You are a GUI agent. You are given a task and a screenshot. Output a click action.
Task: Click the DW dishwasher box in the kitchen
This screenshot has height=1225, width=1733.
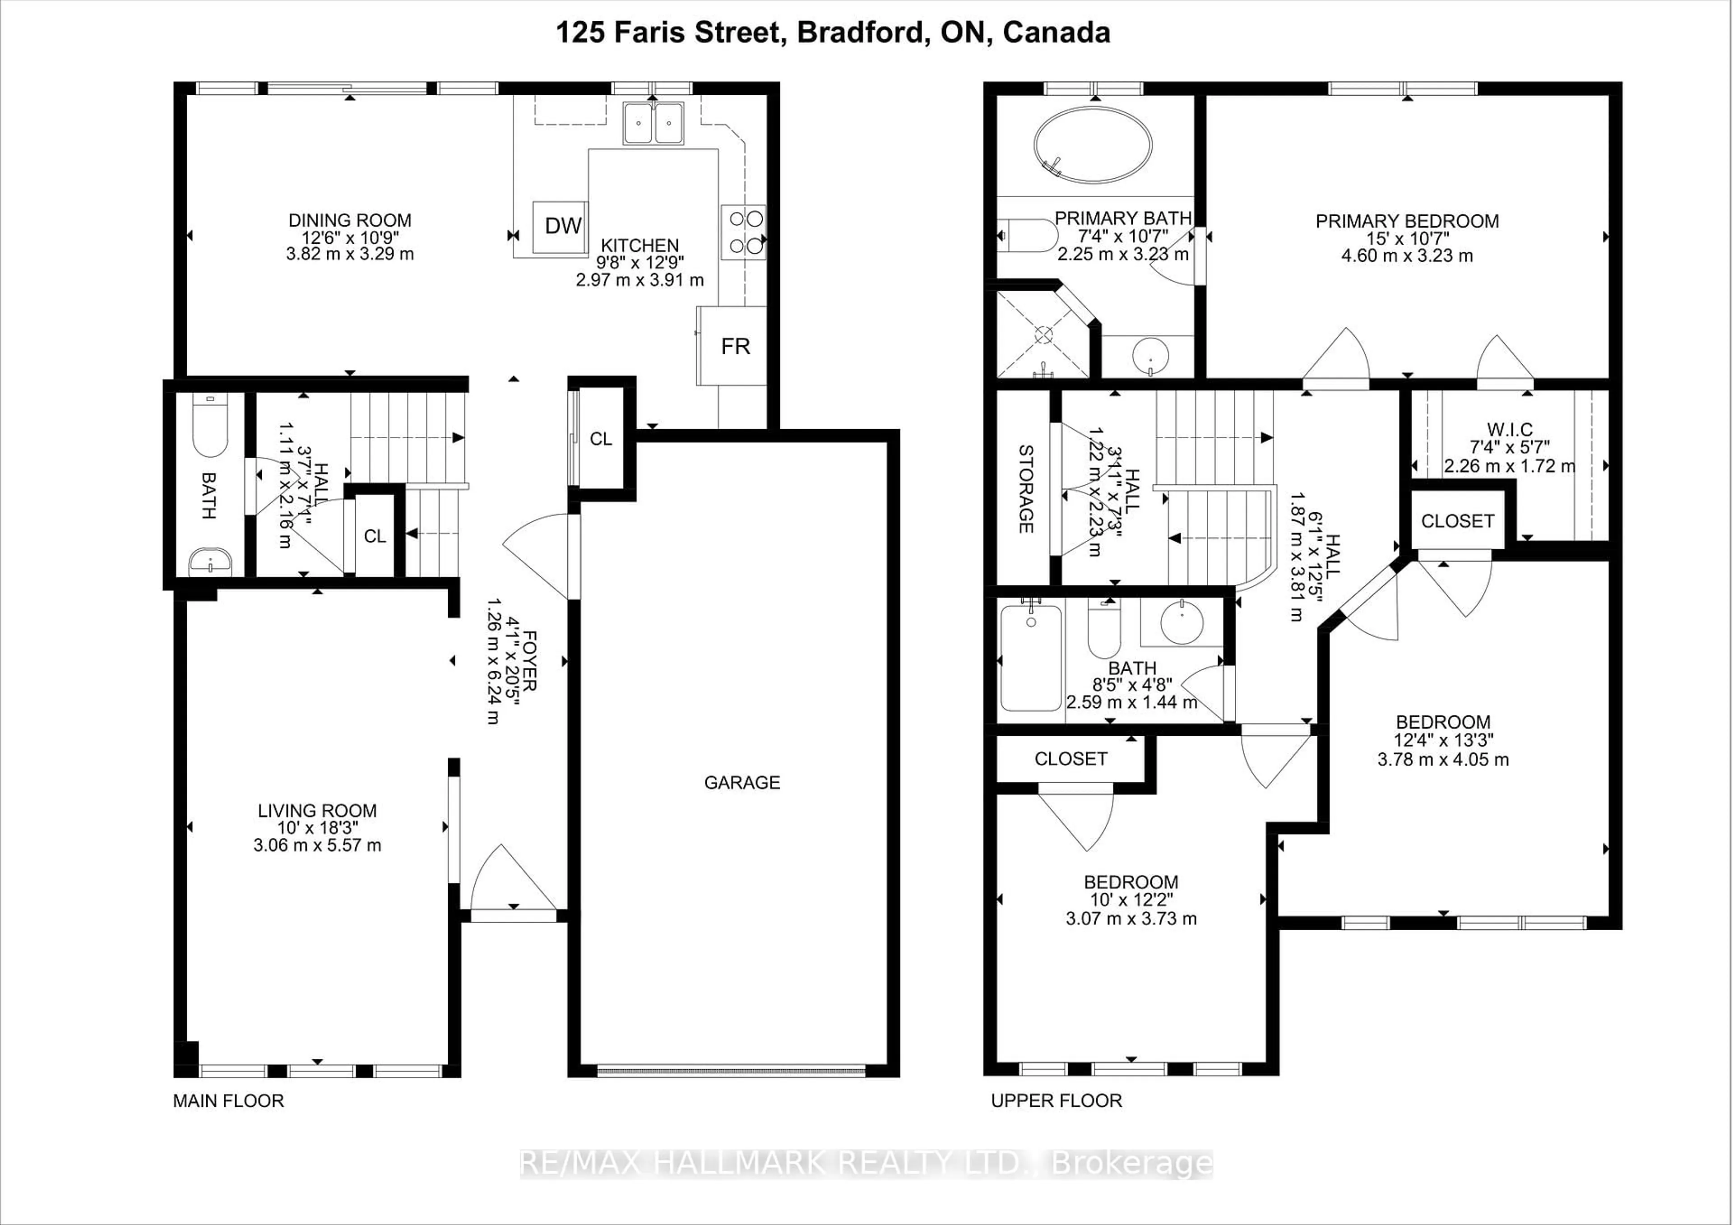click(561, 226)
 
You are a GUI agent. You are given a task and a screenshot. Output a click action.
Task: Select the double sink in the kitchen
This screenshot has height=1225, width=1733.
click(653, 123)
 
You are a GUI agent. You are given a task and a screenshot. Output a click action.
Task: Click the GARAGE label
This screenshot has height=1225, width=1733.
click(742, 783)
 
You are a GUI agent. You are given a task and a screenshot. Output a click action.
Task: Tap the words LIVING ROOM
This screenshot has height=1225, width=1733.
click(317, 811)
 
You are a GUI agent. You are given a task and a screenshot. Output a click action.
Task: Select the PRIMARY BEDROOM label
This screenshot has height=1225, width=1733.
click(1407, 221)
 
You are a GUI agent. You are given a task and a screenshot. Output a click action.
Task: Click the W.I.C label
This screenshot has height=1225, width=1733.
click(1510, 429)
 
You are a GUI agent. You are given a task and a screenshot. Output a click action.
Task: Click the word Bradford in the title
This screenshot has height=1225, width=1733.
click(860, 32)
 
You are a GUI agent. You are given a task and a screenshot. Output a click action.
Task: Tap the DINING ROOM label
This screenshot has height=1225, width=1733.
click(349, 220)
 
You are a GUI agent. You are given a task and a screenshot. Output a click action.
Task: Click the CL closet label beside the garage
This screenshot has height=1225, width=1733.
click(601, 439)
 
